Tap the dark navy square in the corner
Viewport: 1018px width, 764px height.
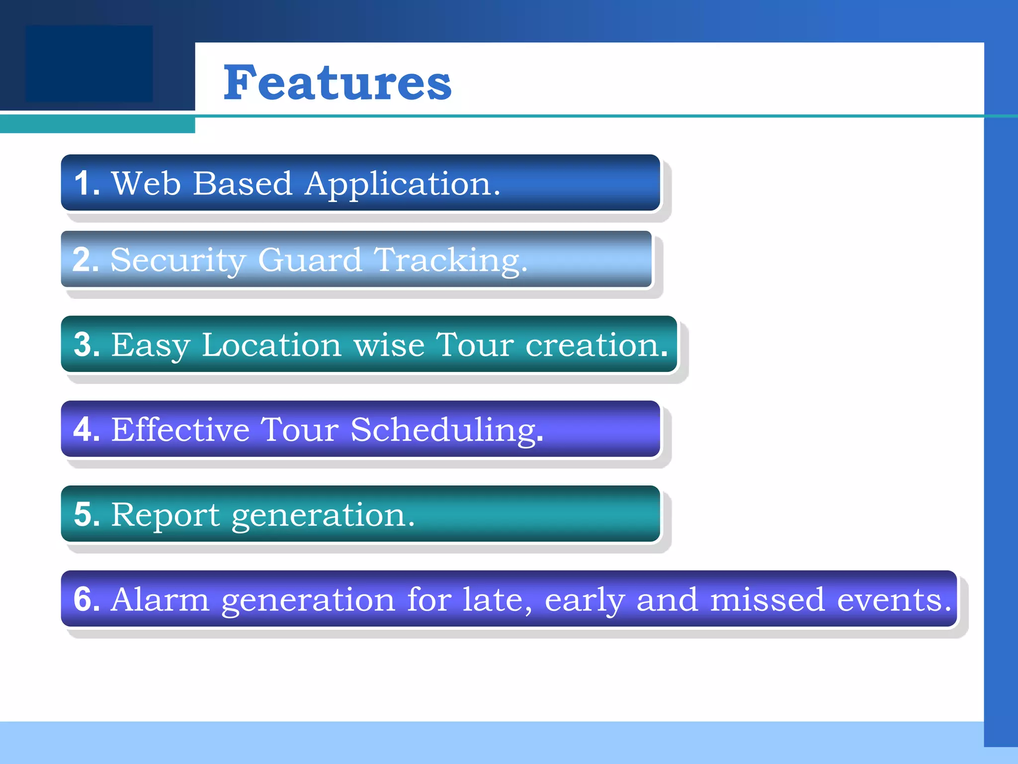pyautogui.click(x=89, y=64)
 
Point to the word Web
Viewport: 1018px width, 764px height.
pyautogui.click(x=146, y=183)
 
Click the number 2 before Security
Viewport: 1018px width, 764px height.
pyautogui.click(x=83, y=260)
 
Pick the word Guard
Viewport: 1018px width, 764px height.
pyautogui.click(x=310, y=260)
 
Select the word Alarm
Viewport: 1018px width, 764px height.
pyautogui.click(x=160, y=599)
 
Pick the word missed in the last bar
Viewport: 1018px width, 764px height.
pyautogui.click(x=767, y=599)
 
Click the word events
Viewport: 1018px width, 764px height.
pyautogui.click(x=893, y=599)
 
